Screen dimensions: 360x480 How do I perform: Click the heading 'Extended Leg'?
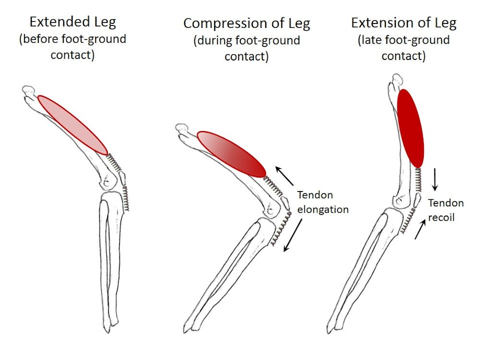[73, 22]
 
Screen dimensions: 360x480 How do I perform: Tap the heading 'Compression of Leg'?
[247, 23]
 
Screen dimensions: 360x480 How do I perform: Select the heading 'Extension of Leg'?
[404, 23]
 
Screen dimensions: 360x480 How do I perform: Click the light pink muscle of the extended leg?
[72, 124]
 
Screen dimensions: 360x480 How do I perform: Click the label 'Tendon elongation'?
[323, 202]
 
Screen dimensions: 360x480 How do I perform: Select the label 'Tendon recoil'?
[446, 210]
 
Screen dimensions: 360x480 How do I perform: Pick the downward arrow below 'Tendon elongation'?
[292, 235]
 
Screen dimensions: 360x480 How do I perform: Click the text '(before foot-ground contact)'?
[73, 47]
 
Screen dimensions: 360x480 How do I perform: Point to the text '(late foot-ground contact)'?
[404, 48]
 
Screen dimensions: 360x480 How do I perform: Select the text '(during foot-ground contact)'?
[247, 48]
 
